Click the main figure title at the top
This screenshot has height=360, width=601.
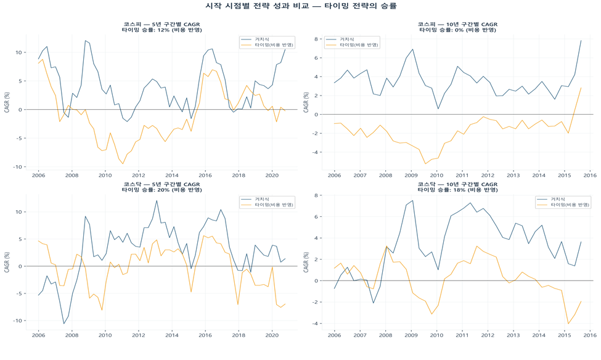tap(300, 6)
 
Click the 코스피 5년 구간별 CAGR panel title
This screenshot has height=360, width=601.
tap(161, 25)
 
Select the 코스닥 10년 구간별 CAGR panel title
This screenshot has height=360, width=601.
tap(457, 184)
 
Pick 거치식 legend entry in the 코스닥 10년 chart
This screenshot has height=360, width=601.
tap(557, 199)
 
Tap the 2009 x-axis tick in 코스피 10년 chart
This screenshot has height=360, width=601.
tap(411, 176)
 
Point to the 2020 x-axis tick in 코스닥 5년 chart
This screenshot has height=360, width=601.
tap(272, 335)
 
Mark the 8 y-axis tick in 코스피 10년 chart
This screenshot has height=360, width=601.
tap(315, 39)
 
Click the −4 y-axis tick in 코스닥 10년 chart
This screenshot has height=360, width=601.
tap(314, 324)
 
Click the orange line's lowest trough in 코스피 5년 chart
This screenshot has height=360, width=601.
tap(123, 164)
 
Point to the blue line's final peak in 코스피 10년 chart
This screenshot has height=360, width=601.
tap(581, 41)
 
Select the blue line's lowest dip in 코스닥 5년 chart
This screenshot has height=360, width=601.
tap(63, 324)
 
